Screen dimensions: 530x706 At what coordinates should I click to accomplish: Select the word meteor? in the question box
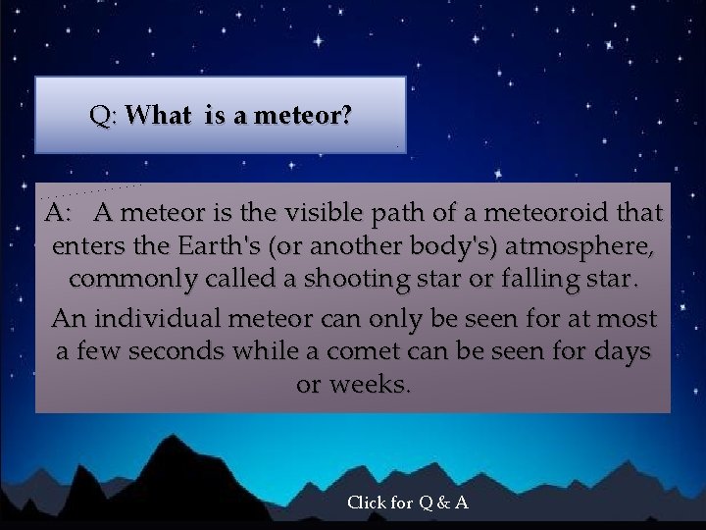(302, 116)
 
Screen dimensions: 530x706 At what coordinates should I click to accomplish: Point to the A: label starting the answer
(58, 213)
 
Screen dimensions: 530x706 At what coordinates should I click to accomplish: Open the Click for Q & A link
(407, 503)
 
